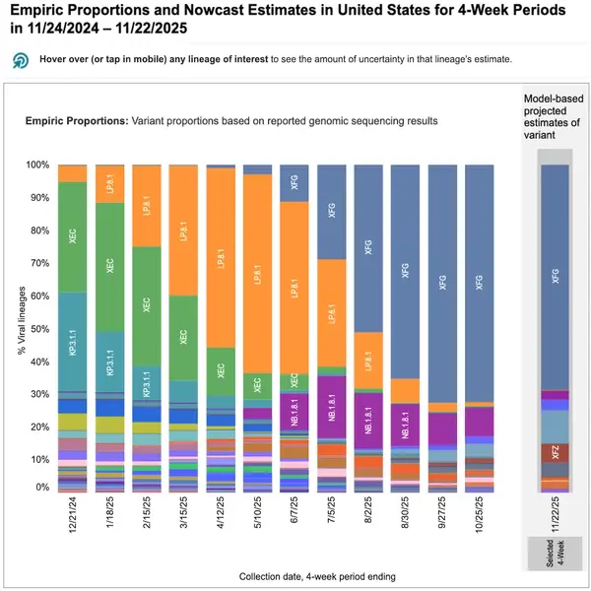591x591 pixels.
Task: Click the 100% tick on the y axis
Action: coord(37,164)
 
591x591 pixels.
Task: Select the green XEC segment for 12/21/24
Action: coord(72,236)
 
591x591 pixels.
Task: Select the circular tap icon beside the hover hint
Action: coord(20,59)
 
